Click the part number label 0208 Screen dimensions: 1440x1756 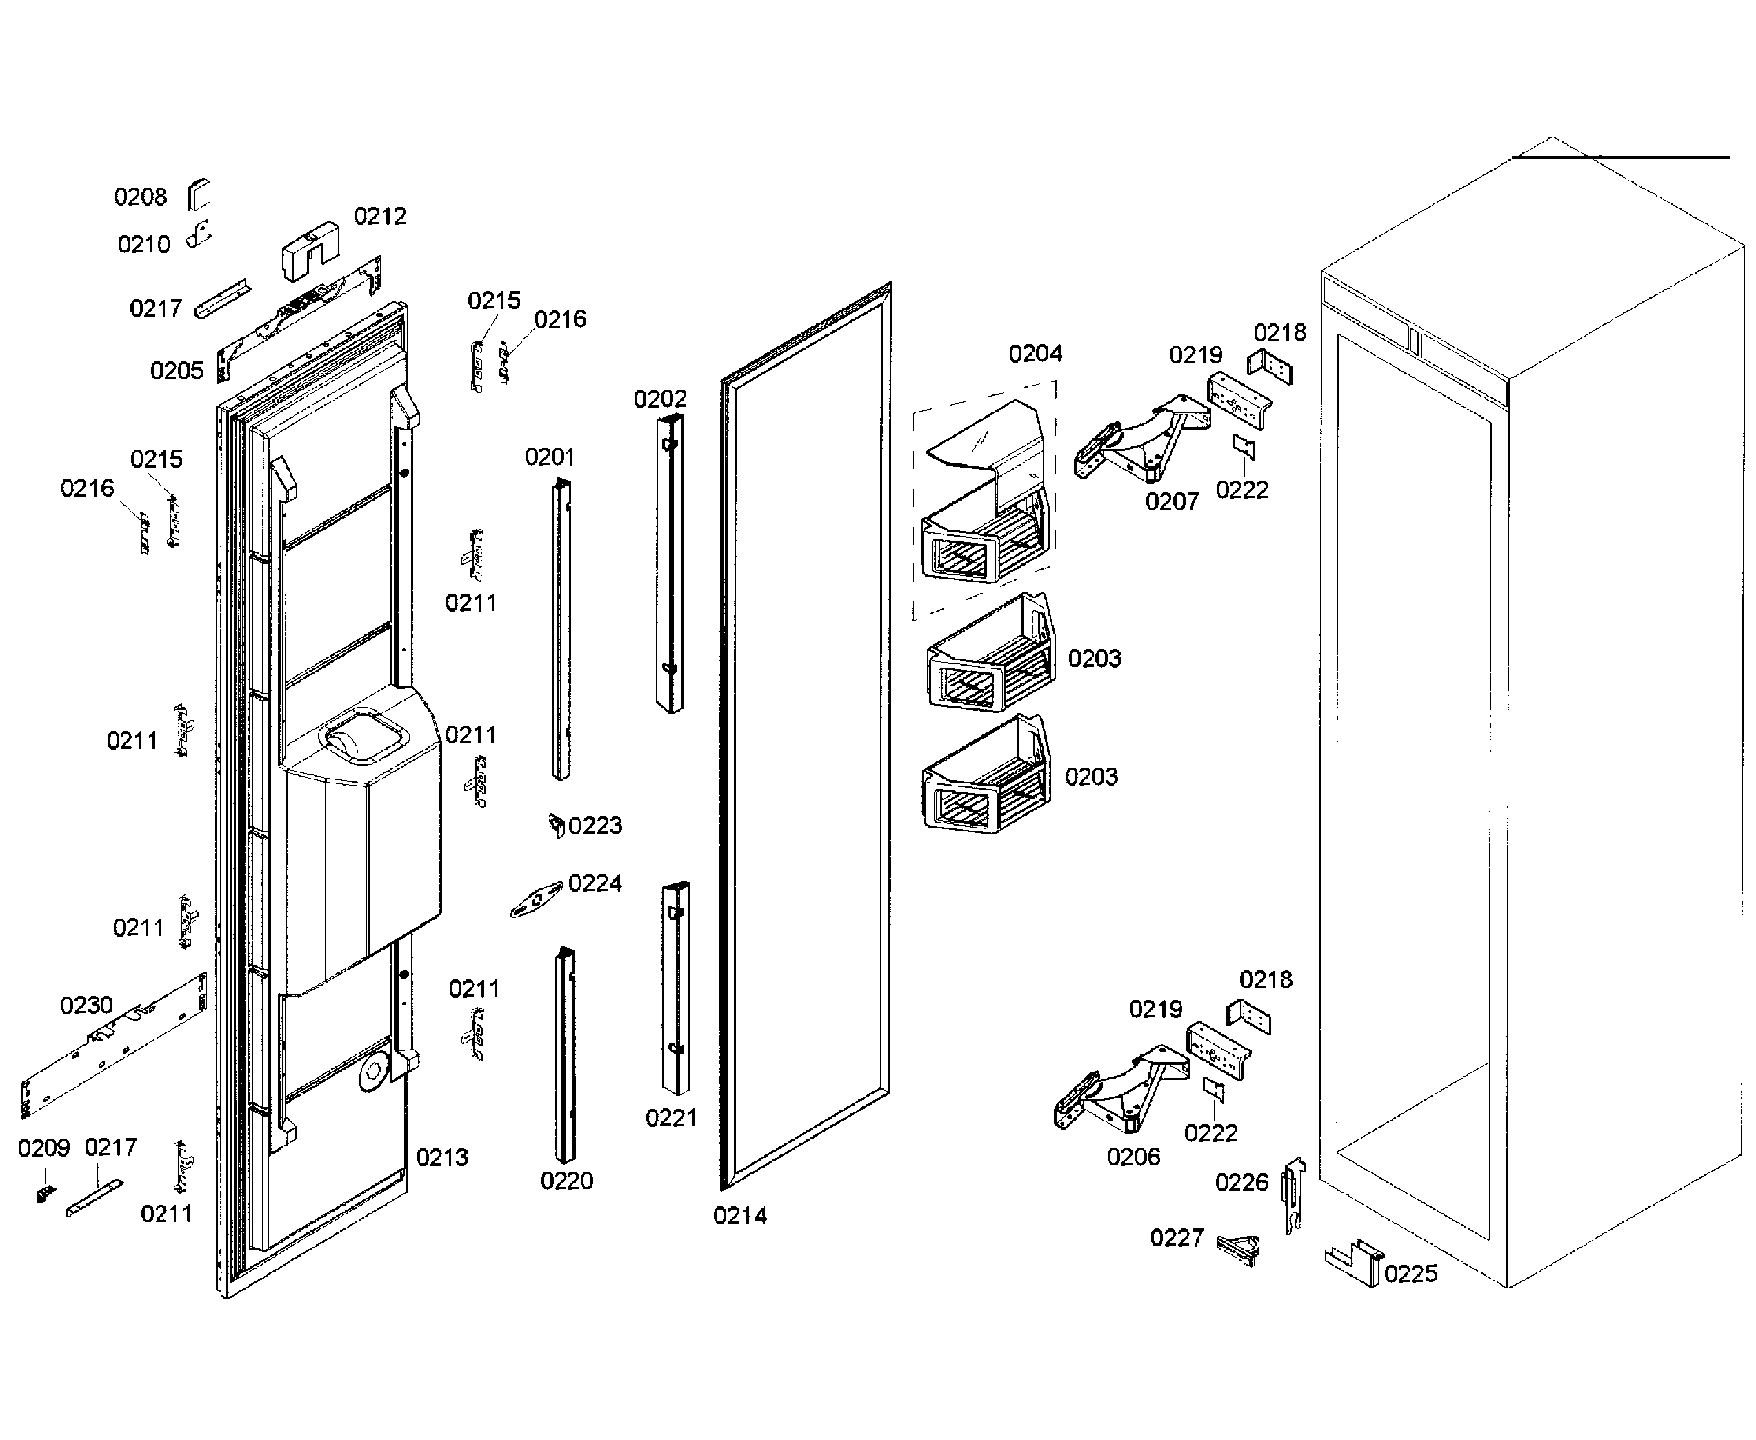tap(140, 197)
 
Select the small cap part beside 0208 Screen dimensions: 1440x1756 tap(199, 195)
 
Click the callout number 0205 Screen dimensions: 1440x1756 tap(176, 371)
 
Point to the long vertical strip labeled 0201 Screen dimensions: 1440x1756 tap(561, 630)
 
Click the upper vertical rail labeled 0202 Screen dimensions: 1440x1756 tap(670, 564)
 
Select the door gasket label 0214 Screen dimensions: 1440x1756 tap(740, 1216)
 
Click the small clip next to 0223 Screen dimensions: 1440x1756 tap(557, 826)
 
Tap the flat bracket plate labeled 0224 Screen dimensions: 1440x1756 tap(535, 901)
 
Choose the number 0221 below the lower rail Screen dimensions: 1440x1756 tap(670, 1118)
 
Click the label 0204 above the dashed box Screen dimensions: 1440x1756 tap(1035, 354)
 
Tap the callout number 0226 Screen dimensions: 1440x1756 tap(1241, 1183)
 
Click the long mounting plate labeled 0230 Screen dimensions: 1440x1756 tap(112, 1046)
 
